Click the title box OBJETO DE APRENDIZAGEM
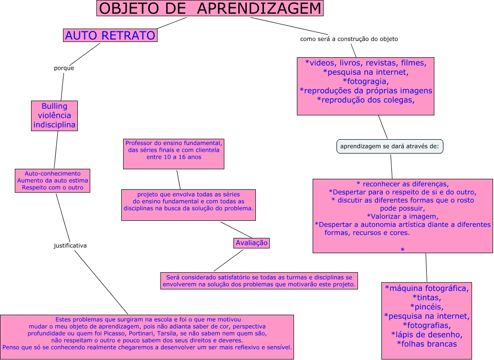210,9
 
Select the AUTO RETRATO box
110,35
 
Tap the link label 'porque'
64,68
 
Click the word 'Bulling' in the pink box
54,106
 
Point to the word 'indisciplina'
54,125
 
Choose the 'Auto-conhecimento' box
53,180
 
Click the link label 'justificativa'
70,246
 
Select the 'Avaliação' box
252,243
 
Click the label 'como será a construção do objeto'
349,39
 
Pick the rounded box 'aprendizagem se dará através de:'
389,146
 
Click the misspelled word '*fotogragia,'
366,82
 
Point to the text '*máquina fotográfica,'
427,288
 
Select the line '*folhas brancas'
427,344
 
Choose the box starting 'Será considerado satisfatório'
259,280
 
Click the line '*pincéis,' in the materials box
427,307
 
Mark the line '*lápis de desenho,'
427,334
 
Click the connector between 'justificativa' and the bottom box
101,282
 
